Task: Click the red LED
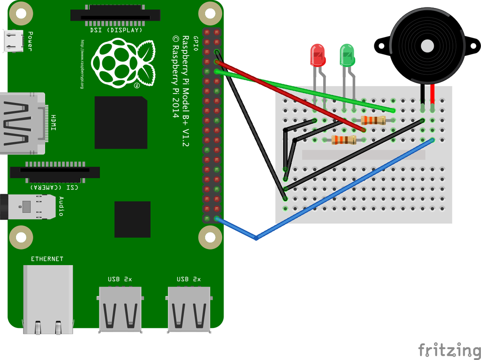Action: [x=318, y=55]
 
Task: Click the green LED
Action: [x=347, y=55]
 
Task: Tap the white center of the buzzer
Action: [x=427, y=46]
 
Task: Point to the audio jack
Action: [x=31, y=206]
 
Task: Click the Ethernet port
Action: [x=48, y=299]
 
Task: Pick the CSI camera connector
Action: [x=55, y=172]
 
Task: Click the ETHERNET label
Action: [x=47, y=259]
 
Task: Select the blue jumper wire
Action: [x=329, y=197]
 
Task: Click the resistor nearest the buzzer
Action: [x=374, y=120]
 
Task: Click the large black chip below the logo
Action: [x=121, y=122]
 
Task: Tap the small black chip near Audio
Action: [x=132, y=219]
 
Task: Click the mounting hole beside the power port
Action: [x=21, y=13]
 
